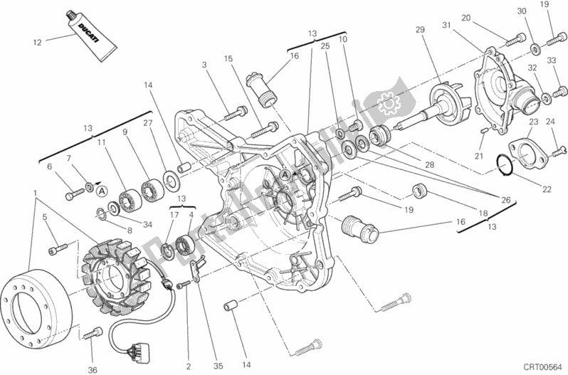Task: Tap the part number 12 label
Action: click(x=38, y=43)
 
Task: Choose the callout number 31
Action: click(x=447, y=26)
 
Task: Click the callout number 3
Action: click(x=204, y=65)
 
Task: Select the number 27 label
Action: click(x=147, y=122)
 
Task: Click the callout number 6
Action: click(x=49, y=166)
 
